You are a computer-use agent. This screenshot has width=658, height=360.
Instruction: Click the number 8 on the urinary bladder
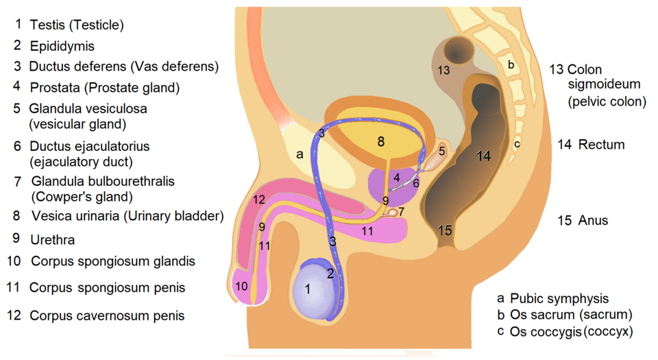click(381, 142)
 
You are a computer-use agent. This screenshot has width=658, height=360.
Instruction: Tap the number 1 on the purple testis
click(308, 289)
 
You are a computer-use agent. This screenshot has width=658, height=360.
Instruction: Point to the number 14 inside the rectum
click(484, 156)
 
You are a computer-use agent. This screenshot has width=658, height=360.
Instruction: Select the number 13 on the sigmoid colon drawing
click(443, 70)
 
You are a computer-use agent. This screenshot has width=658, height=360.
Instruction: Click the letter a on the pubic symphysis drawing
click(300, 154)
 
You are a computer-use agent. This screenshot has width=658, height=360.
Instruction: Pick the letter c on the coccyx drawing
click(517, 144)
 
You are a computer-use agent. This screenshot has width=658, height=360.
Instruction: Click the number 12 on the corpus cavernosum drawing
click(258, 200)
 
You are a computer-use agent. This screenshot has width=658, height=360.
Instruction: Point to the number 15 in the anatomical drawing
click(446, 230)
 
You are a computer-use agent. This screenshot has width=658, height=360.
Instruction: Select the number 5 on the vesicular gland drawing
click(442, 150)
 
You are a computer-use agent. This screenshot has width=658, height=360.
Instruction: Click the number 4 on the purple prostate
click(396, 178)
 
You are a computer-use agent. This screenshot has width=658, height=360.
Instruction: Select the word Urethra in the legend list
click(53, 240)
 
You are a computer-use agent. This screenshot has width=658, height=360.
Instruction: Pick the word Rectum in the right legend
click(601, 145)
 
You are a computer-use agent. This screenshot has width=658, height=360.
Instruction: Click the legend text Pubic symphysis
click(559, 298)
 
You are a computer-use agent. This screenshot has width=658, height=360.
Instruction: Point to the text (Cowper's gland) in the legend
click(82, 197)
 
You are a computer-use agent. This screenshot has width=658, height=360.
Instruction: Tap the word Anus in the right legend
click(593, 221)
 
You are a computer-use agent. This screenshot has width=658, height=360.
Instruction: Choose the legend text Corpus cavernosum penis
click(106, 316)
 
